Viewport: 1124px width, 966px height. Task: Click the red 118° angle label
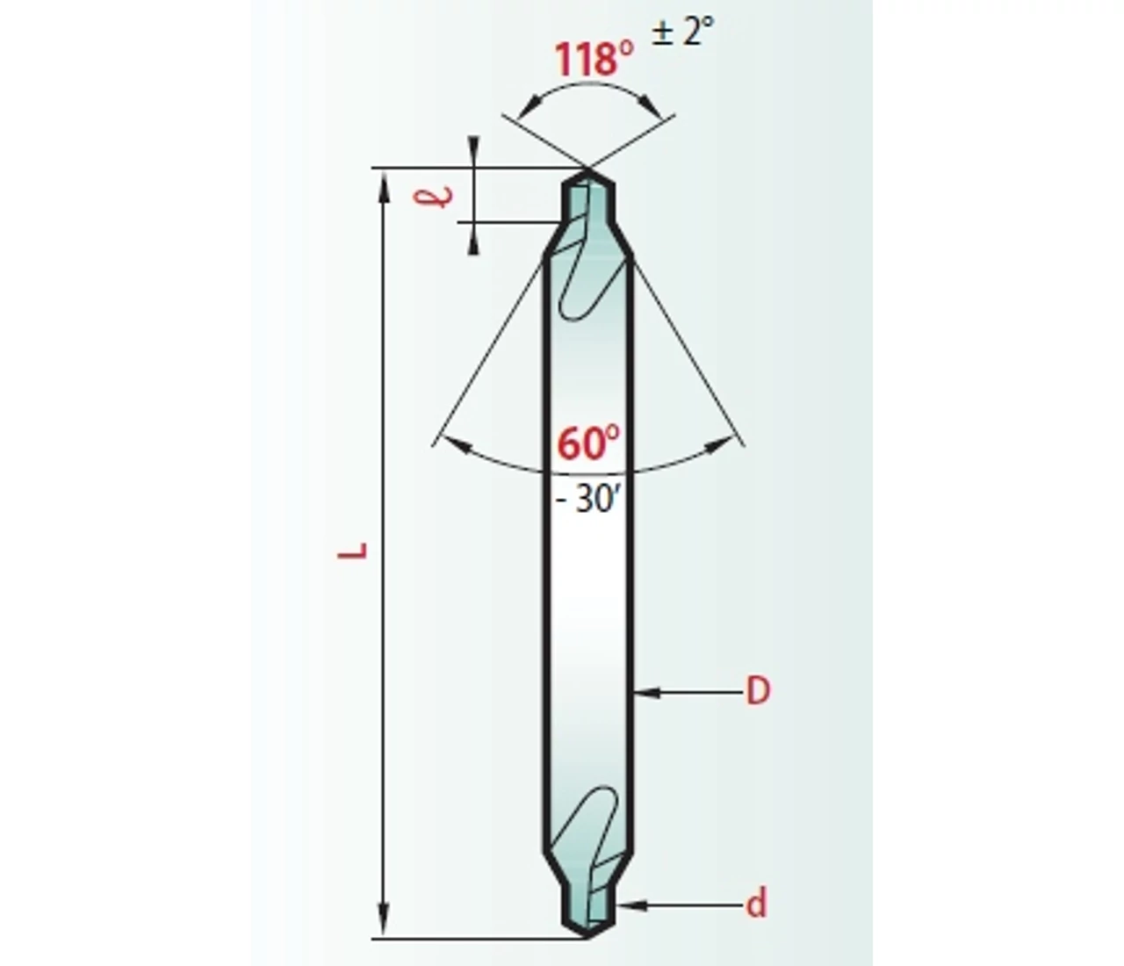pyautogui.click(x=594, y=59)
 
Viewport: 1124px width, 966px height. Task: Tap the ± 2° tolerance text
pyautogui.click(x=682, y=32)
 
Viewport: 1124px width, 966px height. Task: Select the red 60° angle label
pyautogui.click(x=588, y=443)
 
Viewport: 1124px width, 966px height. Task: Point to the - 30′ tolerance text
pyautogui.click(x=587, y=500)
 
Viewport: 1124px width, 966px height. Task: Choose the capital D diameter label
pyautogui.click(x=758, y=692)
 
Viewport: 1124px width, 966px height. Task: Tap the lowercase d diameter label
pyautogui.click(x=756, y=903)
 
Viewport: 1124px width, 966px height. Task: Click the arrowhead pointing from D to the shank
pyautogui.click(x=647, y=692)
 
